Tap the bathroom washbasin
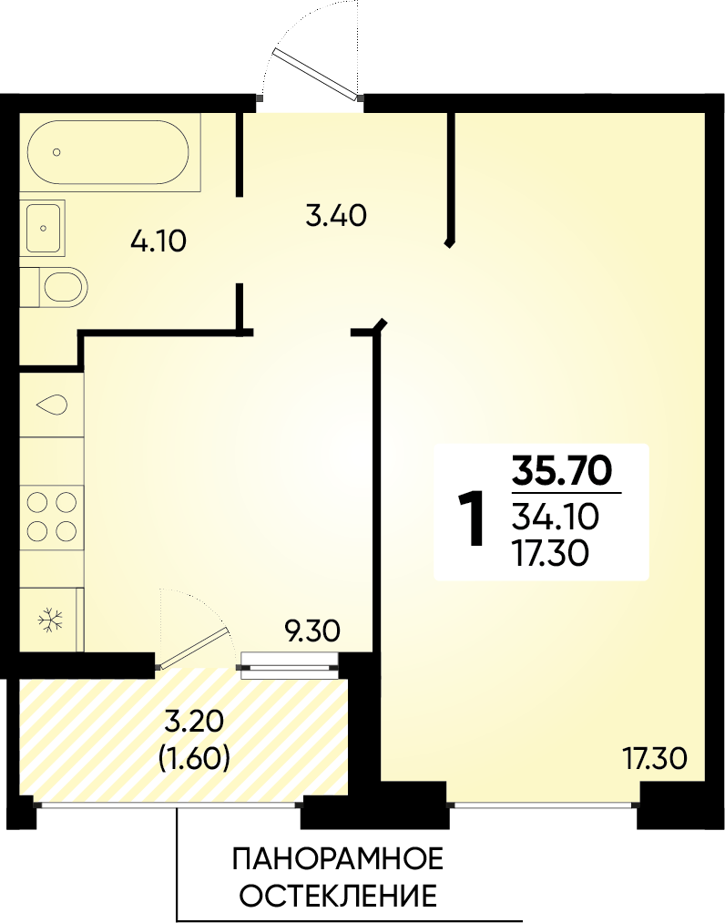[x=42, y=227]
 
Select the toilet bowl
[x=62, y=287]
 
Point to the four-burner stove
[x=51, y=517]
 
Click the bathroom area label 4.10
[x=158, y=241]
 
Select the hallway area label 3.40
[x=336, y=215]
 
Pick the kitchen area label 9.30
[x=311, y=631]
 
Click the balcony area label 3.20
[x=194, y=721]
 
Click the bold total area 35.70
[x=562, y=470]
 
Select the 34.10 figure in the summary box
[x=556, y=517]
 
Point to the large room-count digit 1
[x=473, y=518]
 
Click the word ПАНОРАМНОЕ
[x=338, y=860]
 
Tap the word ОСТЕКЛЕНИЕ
[x=339, y=897]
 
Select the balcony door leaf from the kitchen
[x=194, y=649]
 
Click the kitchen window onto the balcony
[x=291, y=666]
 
